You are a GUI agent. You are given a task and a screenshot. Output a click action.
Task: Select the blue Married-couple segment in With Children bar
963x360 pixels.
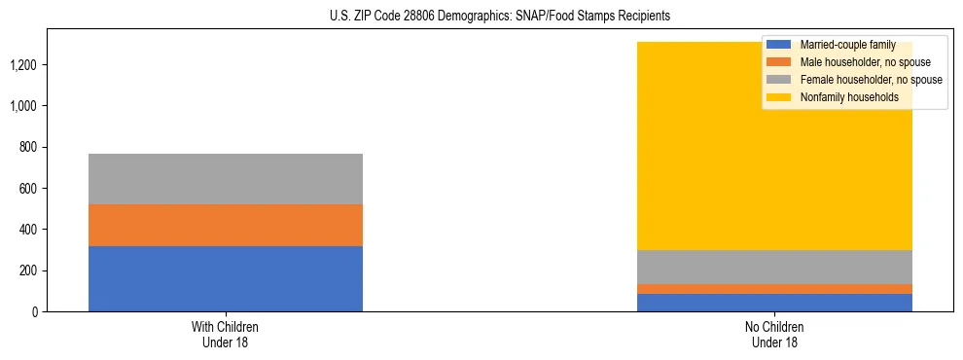coord(226,278)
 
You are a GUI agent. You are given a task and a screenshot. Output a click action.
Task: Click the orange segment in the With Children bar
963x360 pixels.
coord(226,225)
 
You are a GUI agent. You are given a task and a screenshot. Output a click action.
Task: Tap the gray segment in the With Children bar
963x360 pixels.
coord(226,179)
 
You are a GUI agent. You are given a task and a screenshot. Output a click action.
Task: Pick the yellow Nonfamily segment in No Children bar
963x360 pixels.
coord(774,175)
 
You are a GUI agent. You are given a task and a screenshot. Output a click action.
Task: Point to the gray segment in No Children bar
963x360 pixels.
coord(774,267)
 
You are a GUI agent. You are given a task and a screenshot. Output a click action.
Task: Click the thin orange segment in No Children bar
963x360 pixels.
coord(774,289)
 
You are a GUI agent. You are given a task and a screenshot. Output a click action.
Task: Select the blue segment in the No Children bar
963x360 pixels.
coord(774,303)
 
